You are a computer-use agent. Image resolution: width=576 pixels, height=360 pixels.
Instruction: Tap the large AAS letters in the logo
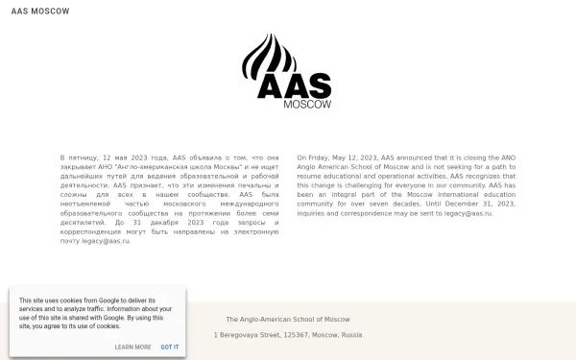click(294, 86)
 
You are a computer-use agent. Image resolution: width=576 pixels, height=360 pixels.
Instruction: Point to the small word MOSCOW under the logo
click(307, 105)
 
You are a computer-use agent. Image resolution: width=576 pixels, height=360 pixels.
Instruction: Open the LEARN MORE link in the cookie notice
click(132, 347)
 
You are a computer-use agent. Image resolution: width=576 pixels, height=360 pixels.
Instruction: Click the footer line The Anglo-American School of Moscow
click(288, 319)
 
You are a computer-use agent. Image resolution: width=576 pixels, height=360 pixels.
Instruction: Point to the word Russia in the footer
click(351, 335)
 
